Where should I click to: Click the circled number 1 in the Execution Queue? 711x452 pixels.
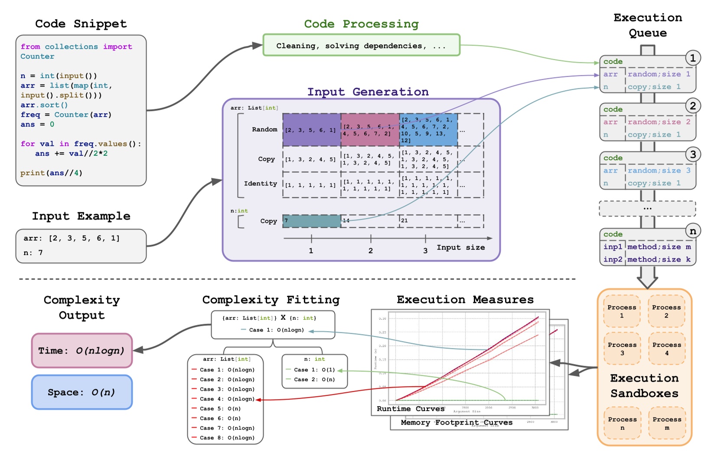(692, 58)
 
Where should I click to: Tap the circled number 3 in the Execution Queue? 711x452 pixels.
(693, 154)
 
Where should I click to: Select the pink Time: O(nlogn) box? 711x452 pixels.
(82, 351)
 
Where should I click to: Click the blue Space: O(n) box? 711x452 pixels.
(82, 392)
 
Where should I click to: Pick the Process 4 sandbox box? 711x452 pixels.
(667, 349)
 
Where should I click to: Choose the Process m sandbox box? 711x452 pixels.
(667, 423)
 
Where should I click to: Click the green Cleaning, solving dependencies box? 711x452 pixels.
(361, 46)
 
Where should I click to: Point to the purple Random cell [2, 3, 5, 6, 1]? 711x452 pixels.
(311, 130)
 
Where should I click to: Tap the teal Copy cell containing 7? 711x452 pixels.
(311, 221)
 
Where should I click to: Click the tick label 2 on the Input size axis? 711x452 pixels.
(370, 250)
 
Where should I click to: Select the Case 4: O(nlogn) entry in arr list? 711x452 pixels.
(227, 399)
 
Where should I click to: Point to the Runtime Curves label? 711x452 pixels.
(410, 409)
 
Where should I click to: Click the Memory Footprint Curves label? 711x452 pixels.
(456, 422)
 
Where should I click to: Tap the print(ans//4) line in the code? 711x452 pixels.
(51, 173)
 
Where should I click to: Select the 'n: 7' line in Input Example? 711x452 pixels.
(33, 253)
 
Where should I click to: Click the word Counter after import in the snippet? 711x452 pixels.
(37, 56)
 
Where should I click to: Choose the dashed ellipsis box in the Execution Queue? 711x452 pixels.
(647, 208)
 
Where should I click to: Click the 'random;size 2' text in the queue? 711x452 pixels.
(659, 122)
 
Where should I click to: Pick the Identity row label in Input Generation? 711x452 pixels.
(260, 183)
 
